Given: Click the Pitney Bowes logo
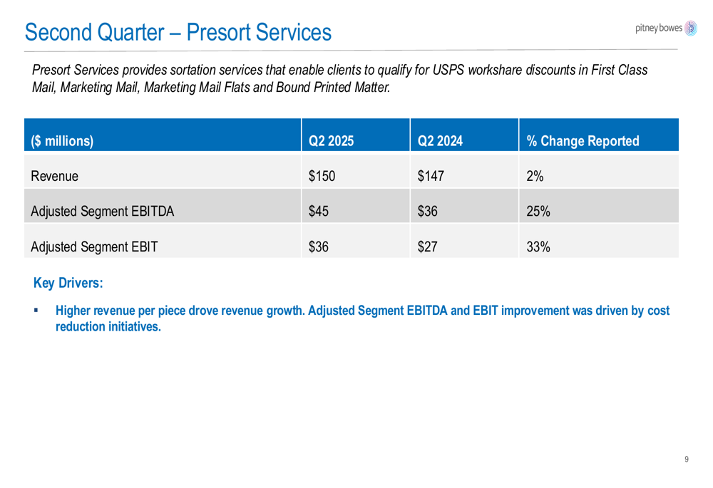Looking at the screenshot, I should click(x=666, y=28).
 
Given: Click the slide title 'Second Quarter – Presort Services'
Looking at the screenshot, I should click(x=178, y=32).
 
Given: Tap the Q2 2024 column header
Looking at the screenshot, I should click(x=440, y=141).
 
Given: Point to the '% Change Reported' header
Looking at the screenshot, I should click(x=583, y=141).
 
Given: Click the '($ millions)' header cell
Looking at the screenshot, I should click(x=62, y=141).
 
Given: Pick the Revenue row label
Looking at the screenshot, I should click(x=55, y=176).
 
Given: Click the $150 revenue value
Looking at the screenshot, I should click(x=322, y=176).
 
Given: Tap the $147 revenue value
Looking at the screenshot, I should click(x=431, y=176).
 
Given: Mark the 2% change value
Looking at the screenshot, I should click(x=535, y=176).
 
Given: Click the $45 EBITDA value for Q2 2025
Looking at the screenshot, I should click(x=318, y=212).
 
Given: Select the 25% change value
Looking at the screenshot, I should click(x=538, y=212).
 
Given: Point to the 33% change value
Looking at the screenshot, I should click(x=538, y=247).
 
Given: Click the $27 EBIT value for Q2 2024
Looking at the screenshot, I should click(x=427, y=247).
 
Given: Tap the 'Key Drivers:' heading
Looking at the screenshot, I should click(x=68, y=283).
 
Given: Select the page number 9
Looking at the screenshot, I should click(x=687, y=460).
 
